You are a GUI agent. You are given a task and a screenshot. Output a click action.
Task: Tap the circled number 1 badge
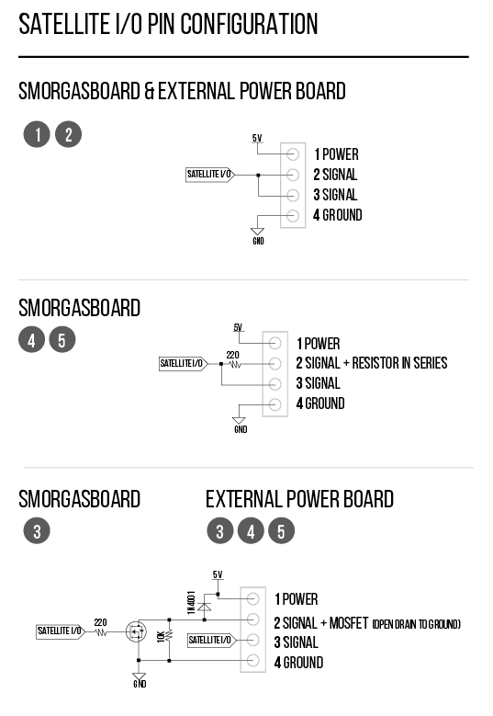click(x=37, y=134)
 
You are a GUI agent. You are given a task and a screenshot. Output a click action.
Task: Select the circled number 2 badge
click(x=69, y=134)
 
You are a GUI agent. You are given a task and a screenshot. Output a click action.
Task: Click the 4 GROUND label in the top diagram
click(x=338, y=215)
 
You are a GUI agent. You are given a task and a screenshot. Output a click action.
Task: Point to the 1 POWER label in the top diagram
click(x=336, y=154)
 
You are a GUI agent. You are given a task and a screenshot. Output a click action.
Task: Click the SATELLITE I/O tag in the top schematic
click(x=210, y=175)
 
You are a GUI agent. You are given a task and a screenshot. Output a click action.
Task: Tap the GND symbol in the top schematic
click(x=258, y=235)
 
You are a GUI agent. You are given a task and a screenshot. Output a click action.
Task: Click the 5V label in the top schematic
click(x=257, y=138)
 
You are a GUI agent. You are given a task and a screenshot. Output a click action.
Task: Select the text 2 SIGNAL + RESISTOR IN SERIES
click(x=372, y=363)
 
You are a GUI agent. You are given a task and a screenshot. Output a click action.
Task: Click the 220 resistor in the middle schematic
click(x=235, y=364)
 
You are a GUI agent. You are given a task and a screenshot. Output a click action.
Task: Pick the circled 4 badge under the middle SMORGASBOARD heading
click(x=31, y=340)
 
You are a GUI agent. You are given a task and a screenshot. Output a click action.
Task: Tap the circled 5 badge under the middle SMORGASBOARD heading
click(x=62, y=340)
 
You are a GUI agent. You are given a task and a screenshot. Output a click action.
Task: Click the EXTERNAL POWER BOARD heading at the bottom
click(x=299, y=499)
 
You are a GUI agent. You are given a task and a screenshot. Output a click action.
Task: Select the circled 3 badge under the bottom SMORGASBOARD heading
click(x=37, y=531)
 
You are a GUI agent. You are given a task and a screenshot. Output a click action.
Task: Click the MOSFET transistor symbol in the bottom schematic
click(x=136, y=632)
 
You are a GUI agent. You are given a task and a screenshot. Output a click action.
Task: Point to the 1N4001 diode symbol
click(x=205, y=607)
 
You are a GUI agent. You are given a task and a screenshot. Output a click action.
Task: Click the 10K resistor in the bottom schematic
click(x=169, y=635)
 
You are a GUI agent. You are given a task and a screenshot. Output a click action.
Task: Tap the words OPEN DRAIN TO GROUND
click(x=417, y=624)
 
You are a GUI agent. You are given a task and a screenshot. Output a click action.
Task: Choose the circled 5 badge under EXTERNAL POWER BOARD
click(x=282, y=531)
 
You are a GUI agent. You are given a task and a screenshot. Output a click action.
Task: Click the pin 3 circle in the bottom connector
click(x=253, y=640)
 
